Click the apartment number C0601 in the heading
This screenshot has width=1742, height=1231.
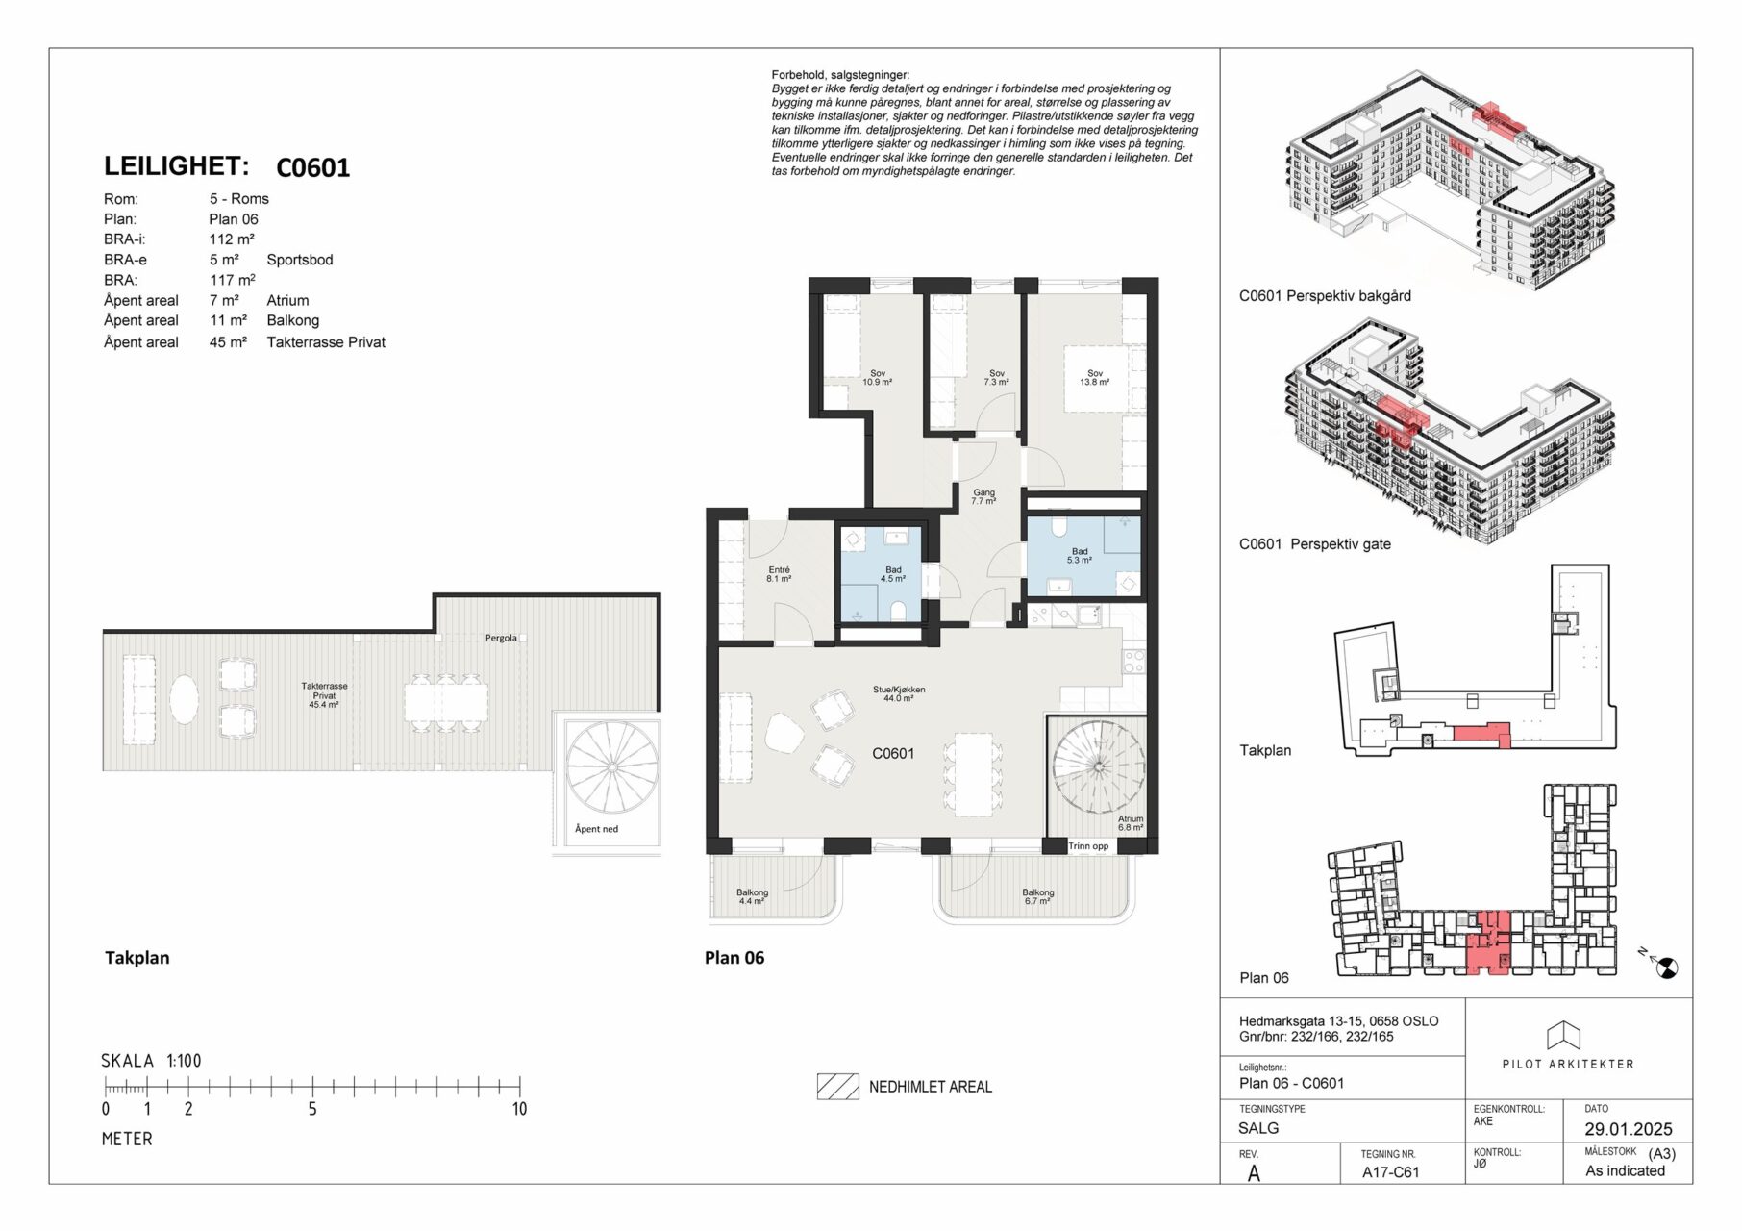pyautogui.click(x=312, y=168)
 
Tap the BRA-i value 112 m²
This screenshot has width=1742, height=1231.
pyautogui.click(x=232, y=239)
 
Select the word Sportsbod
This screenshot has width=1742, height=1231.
pyautogui.click(x=300, y=260)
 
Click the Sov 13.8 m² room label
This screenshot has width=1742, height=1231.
pyautogui.click(x=1095, y=378)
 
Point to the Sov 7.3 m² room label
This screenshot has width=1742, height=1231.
pyautogui.click(x=997, y=378)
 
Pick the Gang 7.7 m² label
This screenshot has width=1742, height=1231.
pyautogui.click(x=983, y=497)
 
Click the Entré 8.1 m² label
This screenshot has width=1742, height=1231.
pyautogui.click(x=779, y=574)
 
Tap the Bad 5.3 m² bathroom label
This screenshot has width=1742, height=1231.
pyautogui.click(x=1080, y=556)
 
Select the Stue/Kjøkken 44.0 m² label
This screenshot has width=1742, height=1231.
pyautogui.click(x=899, y=693)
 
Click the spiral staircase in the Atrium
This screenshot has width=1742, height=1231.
pyautogui.click(x=1099, y=766)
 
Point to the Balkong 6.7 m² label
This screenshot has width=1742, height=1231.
pyautogui.click(x=1038, y=896)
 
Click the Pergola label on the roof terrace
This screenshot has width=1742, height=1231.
pyautogui.click(x=501, y=638)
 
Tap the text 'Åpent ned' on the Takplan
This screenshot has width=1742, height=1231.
pyautogui.click(x=596, y=829)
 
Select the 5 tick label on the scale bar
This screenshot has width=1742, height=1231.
pyautogui.click(x=312, y=1109)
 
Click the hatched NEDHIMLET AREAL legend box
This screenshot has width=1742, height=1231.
pyautogui.click(x=837, y=1087)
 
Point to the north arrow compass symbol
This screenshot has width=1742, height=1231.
pyautogui.click(x=1666, y=967)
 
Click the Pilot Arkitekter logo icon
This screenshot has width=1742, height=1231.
pyautogui.click(x=1563, y=1035)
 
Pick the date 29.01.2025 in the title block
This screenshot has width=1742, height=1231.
pyautogui.click(x=1629, y=1129)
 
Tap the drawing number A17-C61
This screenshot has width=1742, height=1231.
pyautogui.click(x=1390, y=1172)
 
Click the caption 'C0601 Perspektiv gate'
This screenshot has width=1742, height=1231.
pyautogui.click(x=1314, y=544)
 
